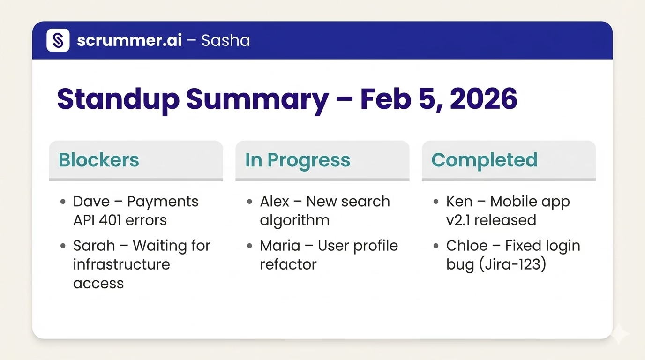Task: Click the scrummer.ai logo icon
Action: pyautogui.click(x=58, y=40)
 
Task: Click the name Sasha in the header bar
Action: pyautogui.click(x=225, y=41)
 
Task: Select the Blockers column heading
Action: pyautogui.click(x=99, y=160)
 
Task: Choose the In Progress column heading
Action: pyautogui.click(x=298, y=160)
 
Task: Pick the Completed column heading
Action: pyautogui.click(x=484, y=160)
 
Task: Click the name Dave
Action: pyautogui.click(x=91, y=202)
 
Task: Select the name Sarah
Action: pyautogui.click(x=94, y=246)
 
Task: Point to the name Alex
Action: pyautogui.click(x=275, y=202)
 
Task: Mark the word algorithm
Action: pyautogui.click(x=294, y=220)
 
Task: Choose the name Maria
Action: pyautogui.click(x=279, y=246)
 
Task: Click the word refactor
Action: pyautogui.click(x=288, y=264)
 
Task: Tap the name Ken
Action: pyautogui.click(x=459, y=202)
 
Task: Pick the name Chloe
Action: pyautogui.click(x=467, y=246)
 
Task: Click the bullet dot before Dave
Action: pyautogui.click(x=63, y=202)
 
